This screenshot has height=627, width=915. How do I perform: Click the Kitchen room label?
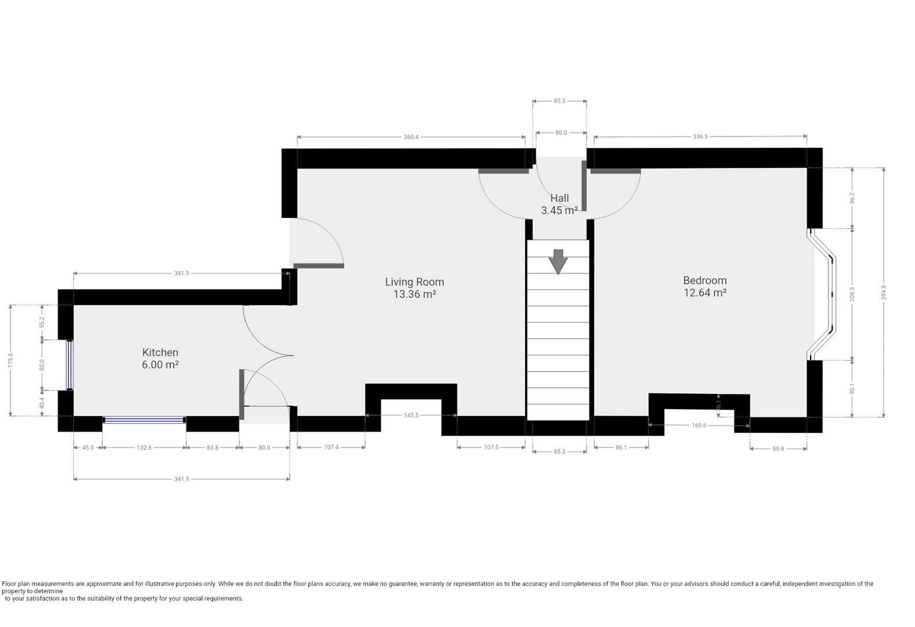pos(160,352)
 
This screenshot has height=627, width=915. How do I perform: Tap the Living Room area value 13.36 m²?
pos(415,294)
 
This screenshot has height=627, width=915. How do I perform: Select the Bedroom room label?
pos(705,280)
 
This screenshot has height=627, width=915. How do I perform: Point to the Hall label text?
pos(560,198)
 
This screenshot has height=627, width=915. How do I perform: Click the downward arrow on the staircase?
pos(558,262)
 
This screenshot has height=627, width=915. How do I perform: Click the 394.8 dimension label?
pos(884,293)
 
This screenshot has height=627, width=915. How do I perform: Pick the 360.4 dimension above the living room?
pos(411,137)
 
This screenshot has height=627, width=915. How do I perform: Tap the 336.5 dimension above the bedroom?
pos(700,136)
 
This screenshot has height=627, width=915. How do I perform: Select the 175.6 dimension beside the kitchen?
pos(10,361)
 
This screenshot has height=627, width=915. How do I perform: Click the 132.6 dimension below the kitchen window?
pos(144,448)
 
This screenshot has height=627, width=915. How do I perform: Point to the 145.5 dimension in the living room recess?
pos(411,416)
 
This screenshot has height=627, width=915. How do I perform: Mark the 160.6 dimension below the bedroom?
pos(699,426)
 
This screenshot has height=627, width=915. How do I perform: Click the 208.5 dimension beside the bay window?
pos(852,294)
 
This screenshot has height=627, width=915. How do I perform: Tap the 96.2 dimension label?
pos(852,198)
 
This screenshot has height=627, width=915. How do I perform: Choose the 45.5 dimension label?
pos(88,448)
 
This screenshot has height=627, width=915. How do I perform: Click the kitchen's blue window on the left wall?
pos(70,365)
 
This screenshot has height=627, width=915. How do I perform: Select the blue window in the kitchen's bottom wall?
pos(144,420)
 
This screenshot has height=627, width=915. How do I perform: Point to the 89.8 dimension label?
pos(778,449)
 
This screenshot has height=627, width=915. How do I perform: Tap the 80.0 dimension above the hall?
pos(561,133)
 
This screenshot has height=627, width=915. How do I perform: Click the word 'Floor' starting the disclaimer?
pos(9,583)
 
